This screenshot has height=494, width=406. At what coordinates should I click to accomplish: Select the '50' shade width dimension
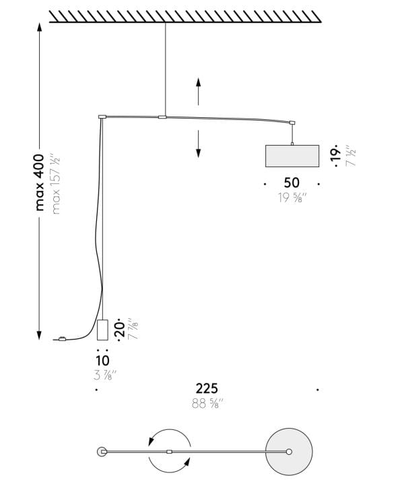coord(292,183)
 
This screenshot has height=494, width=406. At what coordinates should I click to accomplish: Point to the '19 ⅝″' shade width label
coord(292,198)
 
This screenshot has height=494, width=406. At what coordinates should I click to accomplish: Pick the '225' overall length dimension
coord(207,389)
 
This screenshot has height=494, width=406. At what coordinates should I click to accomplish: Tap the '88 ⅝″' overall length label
coord(207,404)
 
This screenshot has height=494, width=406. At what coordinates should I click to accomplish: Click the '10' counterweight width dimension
coord(102,361)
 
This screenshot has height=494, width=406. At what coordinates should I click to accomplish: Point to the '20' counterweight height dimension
coord(120,330)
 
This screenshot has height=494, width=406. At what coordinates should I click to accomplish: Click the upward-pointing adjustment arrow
coord(198,90)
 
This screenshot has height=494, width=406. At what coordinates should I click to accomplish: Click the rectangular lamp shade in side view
coord(292,156)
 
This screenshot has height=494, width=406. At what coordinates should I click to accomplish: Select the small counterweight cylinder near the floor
coord(102,330)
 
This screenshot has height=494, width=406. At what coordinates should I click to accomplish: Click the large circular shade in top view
coord(289,451)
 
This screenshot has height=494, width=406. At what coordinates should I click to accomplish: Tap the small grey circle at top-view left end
coord(102,451)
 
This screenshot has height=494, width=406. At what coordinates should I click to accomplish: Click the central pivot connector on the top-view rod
coord(170,451)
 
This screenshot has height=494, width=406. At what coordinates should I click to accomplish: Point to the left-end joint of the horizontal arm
coord(102,117)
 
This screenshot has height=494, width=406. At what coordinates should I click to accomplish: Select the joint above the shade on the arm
coord(292,123)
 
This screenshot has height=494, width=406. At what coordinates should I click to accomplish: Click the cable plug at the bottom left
coord(61,339)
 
